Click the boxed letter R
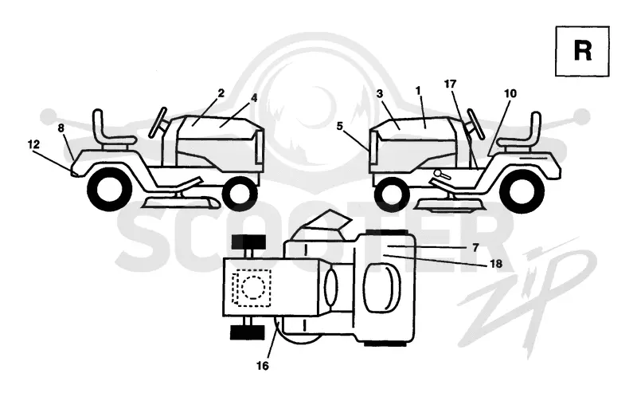tap(583, 51)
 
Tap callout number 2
tap(221, 93)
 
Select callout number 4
tap(254, 98)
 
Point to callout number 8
tap(61, 128)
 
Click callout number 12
tap(33, 144)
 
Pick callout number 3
tap(380, 94)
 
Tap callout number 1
tap(419, 91)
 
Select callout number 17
tap(450, 84)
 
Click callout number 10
tap(510, 93)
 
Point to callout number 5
tap(340, 126)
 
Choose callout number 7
tap(475, 247)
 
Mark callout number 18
tap(496, 264)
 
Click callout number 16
tap(263, 366)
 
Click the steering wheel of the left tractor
tap(158, 122)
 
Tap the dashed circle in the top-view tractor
tap(253, 288)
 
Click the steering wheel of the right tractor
tap(475, 124)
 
